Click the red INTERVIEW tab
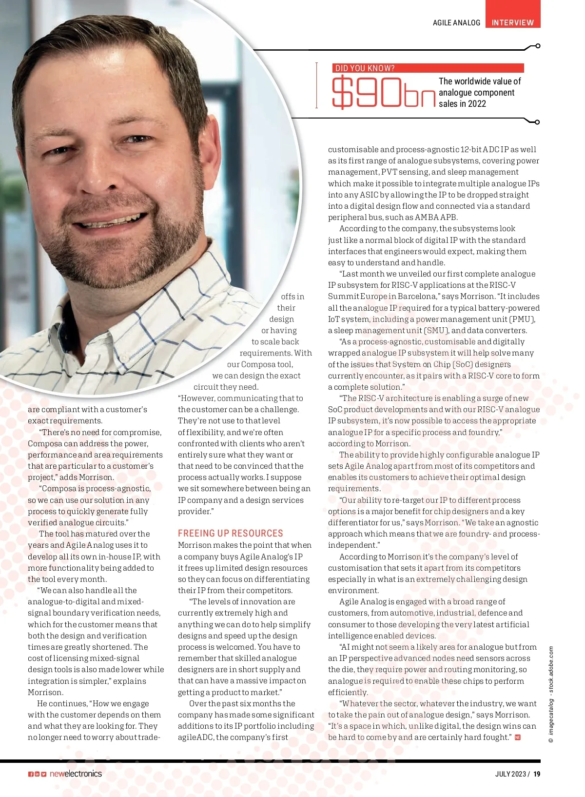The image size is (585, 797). tap(512, 22)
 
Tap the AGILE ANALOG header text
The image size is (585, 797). tap(456, 22)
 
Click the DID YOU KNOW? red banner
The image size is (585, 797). tap(428, 68)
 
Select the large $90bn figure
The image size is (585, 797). tap(383, 93)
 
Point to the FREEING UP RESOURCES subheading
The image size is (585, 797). tap(230, 533)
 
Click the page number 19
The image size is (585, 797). tap(536, 774)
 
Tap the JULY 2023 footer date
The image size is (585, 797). tap(510, 774)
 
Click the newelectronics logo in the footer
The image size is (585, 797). tap(76, 774)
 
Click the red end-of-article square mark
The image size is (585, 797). tap(518, 737)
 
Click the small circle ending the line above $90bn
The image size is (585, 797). tap(537, 46)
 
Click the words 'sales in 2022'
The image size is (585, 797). tap(462, 103)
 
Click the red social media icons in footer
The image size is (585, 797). tap(37, 774)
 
